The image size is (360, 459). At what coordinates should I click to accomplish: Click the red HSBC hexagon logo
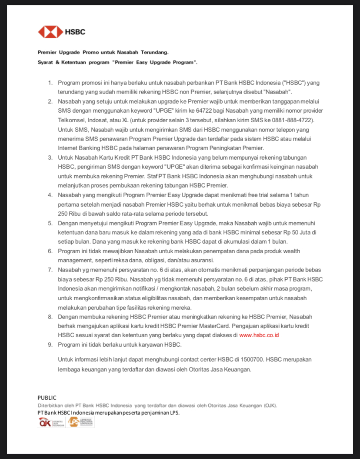pos(50,32)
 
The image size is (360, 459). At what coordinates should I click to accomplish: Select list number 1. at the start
pos(50,83)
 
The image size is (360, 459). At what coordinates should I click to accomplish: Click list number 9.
pos(50,345)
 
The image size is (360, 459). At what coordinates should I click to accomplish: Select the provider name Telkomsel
pos(72,120)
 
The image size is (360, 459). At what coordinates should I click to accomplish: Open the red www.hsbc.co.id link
pos(259,335)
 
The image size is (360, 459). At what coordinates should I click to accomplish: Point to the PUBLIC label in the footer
pos(47,398)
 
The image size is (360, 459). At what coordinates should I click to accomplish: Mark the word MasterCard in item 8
pos(214,326)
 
